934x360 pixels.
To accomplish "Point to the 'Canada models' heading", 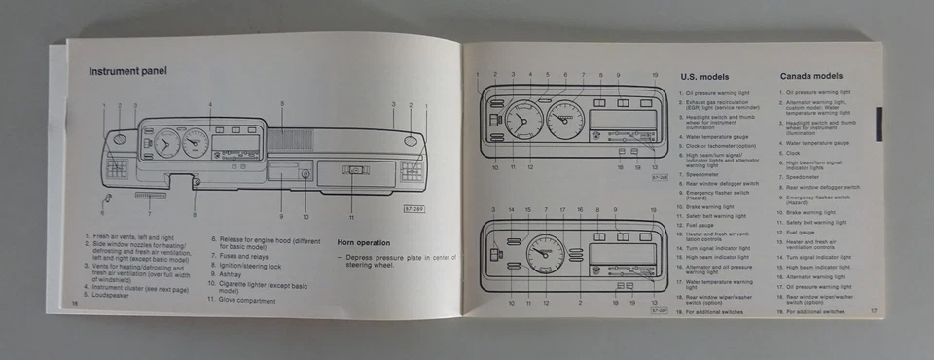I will click(811, 76).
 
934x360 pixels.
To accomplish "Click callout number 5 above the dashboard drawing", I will click(282, 103).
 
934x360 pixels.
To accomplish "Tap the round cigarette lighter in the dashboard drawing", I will click(305, 174).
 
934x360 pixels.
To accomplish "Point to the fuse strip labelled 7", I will click(150, 195).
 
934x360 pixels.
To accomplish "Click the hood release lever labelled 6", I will click(106, 198).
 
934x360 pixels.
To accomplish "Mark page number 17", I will click(874, 311).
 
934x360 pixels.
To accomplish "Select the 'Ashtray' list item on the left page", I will click(231, 274).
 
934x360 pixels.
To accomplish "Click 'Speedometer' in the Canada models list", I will click(804, 177).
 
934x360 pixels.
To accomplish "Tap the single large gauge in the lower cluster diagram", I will click(546, 259).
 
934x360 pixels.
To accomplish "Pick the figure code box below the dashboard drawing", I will click(415, 209).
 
